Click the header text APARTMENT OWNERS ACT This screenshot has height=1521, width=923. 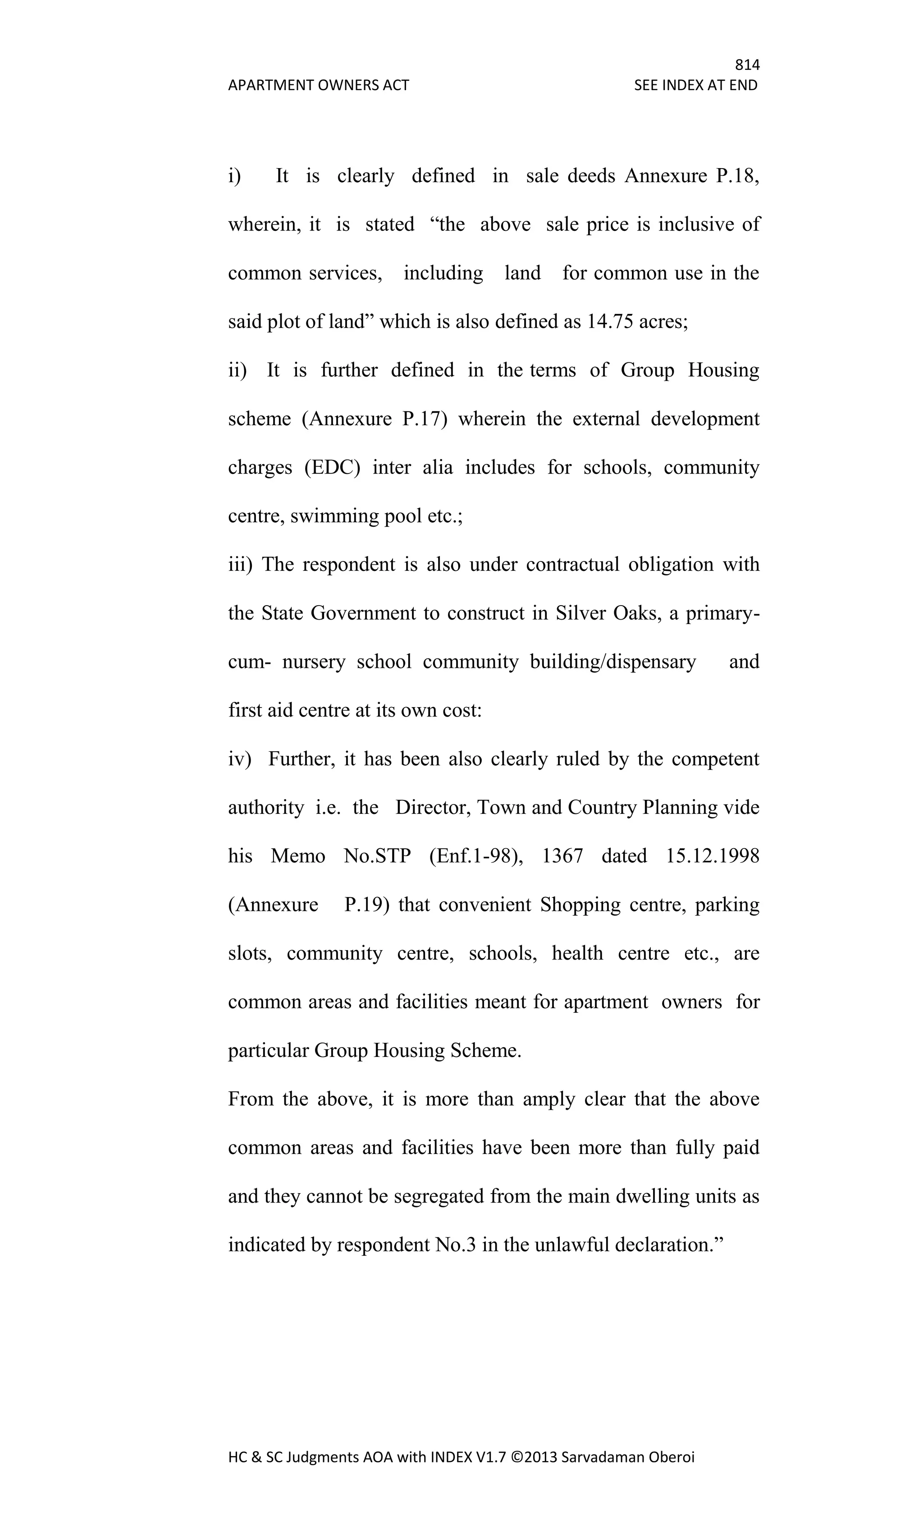[x=318, y=85]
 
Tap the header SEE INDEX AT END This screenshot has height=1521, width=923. [x=695, y=85]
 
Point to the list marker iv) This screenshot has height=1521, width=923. [x=240, y=758]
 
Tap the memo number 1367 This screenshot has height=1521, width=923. [x=562, y=856]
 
